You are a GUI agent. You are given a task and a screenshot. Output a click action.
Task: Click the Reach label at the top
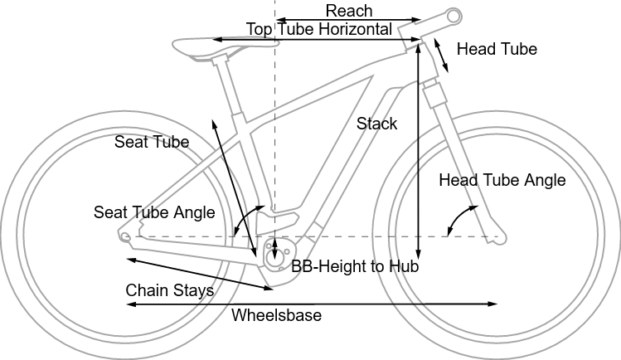349,10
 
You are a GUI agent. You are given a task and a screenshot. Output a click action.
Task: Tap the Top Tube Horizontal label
319,29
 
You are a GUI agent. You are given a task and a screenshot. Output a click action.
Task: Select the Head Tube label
497,50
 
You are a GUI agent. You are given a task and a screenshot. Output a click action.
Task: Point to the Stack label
377,124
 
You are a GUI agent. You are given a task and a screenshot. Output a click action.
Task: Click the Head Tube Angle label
502,180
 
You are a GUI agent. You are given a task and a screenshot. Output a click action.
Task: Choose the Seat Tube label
152,143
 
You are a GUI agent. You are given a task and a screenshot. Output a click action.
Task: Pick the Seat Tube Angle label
154,213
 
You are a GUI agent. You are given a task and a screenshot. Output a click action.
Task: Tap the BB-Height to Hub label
355,267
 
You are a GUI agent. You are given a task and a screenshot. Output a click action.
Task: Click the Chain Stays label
170,291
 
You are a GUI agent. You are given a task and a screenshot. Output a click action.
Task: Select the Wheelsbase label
276,316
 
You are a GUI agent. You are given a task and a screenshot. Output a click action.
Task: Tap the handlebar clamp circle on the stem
454,15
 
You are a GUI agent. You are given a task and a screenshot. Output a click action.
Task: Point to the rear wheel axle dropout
125,237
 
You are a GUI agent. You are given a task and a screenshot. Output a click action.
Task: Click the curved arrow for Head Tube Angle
454,220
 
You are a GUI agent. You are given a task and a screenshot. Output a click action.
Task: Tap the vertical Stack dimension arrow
419,149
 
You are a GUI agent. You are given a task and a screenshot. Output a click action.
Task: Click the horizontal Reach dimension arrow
349,19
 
